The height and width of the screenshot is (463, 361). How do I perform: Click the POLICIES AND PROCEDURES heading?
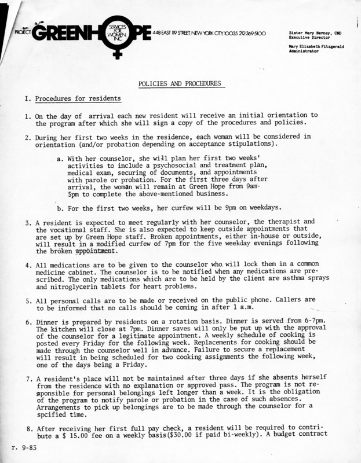click(x=180, y=83)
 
